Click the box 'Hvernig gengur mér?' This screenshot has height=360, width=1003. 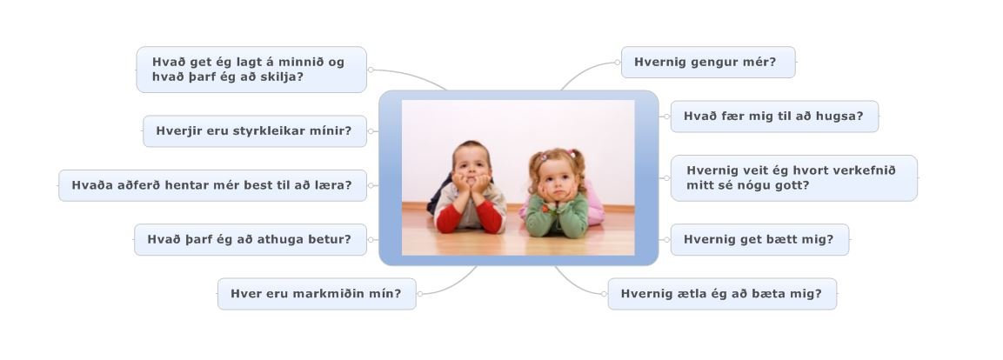click(708, 62)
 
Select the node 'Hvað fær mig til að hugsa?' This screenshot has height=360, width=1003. click(774, 117)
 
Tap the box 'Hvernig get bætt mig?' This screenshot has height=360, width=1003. click(759, 239)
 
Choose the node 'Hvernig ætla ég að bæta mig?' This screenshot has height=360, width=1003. click(721, 294)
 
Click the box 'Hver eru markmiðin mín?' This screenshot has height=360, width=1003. click(317, 294)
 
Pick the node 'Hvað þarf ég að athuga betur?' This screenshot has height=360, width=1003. click(251, 239)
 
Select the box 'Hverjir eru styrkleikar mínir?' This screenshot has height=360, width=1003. click(255, 131)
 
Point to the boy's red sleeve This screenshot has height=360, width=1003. click(490, 217)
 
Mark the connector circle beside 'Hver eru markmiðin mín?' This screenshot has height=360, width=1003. click(419, 294)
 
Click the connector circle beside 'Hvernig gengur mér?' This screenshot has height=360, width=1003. click(618, 62)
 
